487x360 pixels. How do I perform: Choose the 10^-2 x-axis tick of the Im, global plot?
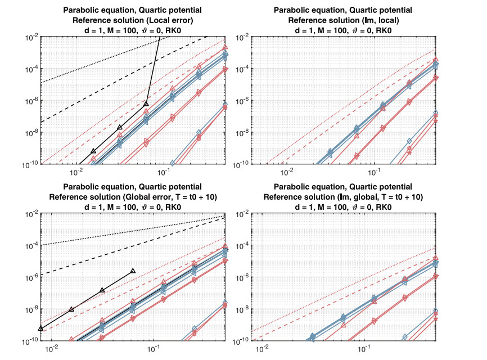tap(261, 348)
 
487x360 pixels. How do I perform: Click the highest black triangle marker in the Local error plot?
tap(146, 103)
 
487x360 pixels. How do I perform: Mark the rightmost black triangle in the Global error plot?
tap(133, 271)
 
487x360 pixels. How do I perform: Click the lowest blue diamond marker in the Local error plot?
tap(173, 163)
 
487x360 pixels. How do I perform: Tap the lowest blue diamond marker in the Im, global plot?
tap(404, 337)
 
